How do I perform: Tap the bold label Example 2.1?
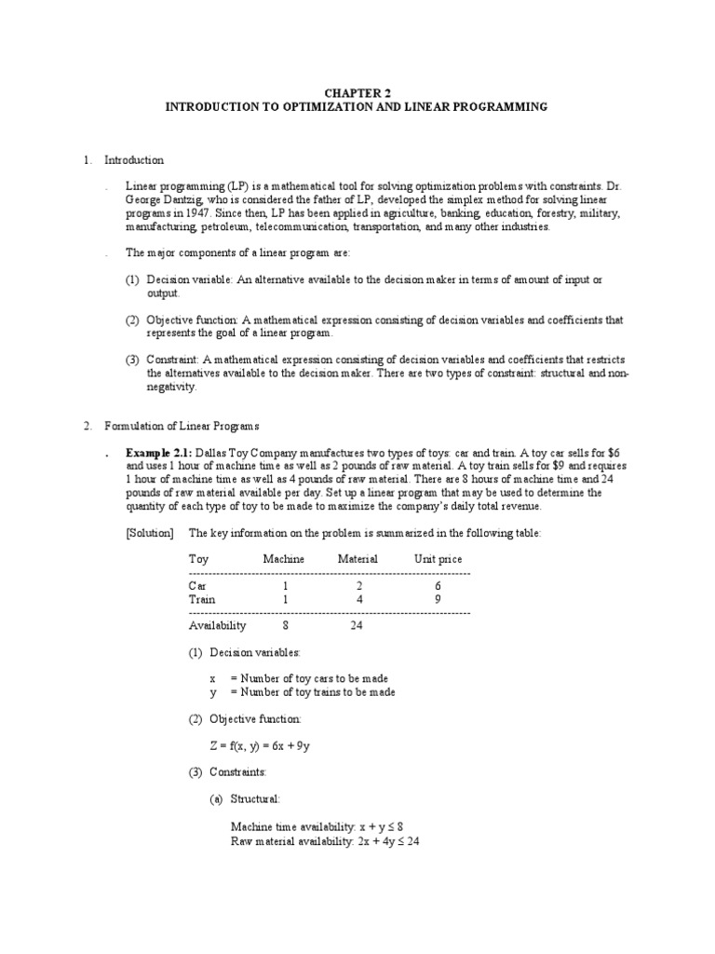(x=164, y=452)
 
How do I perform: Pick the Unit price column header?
(x=438, y=559)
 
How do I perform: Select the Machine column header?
(x=284, y=559)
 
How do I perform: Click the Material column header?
(x=357, y=559)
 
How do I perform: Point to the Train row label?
(x=201, y=600)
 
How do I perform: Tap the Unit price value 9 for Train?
(x=436, y=600)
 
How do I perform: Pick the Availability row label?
(x=217, y=626)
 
